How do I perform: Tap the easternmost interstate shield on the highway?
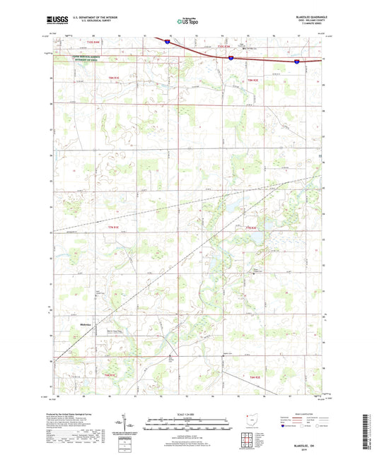click(297, 61)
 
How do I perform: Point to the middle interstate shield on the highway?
click(231, 59)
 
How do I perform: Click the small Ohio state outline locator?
click(257, 423)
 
